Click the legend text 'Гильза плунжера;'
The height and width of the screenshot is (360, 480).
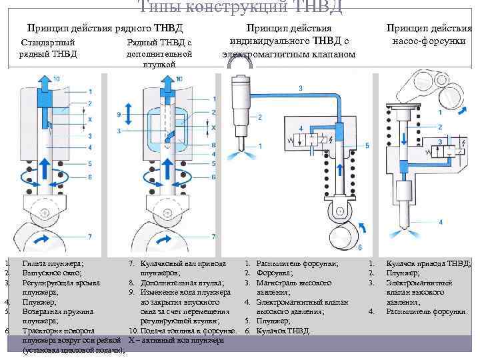[x=53, y=265]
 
